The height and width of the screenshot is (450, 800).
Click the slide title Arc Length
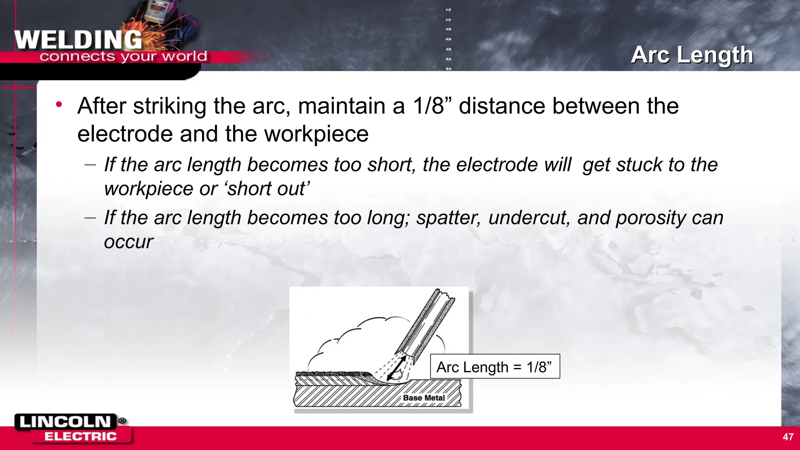coord(692,55)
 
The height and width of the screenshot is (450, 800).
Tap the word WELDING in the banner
coord(78,40)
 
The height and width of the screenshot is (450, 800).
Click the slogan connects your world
coord(123,57)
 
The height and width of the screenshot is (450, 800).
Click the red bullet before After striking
coord(59,104)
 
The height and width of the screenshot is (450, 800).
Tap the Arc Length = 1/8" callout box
coord(495,366)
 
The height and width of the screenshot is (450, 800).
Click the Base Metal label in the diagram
coord(424,398)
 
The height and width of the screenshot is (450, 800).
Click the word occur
coord(129,242)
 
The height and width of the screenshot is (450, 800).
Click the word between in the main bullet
coord(596,106)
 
